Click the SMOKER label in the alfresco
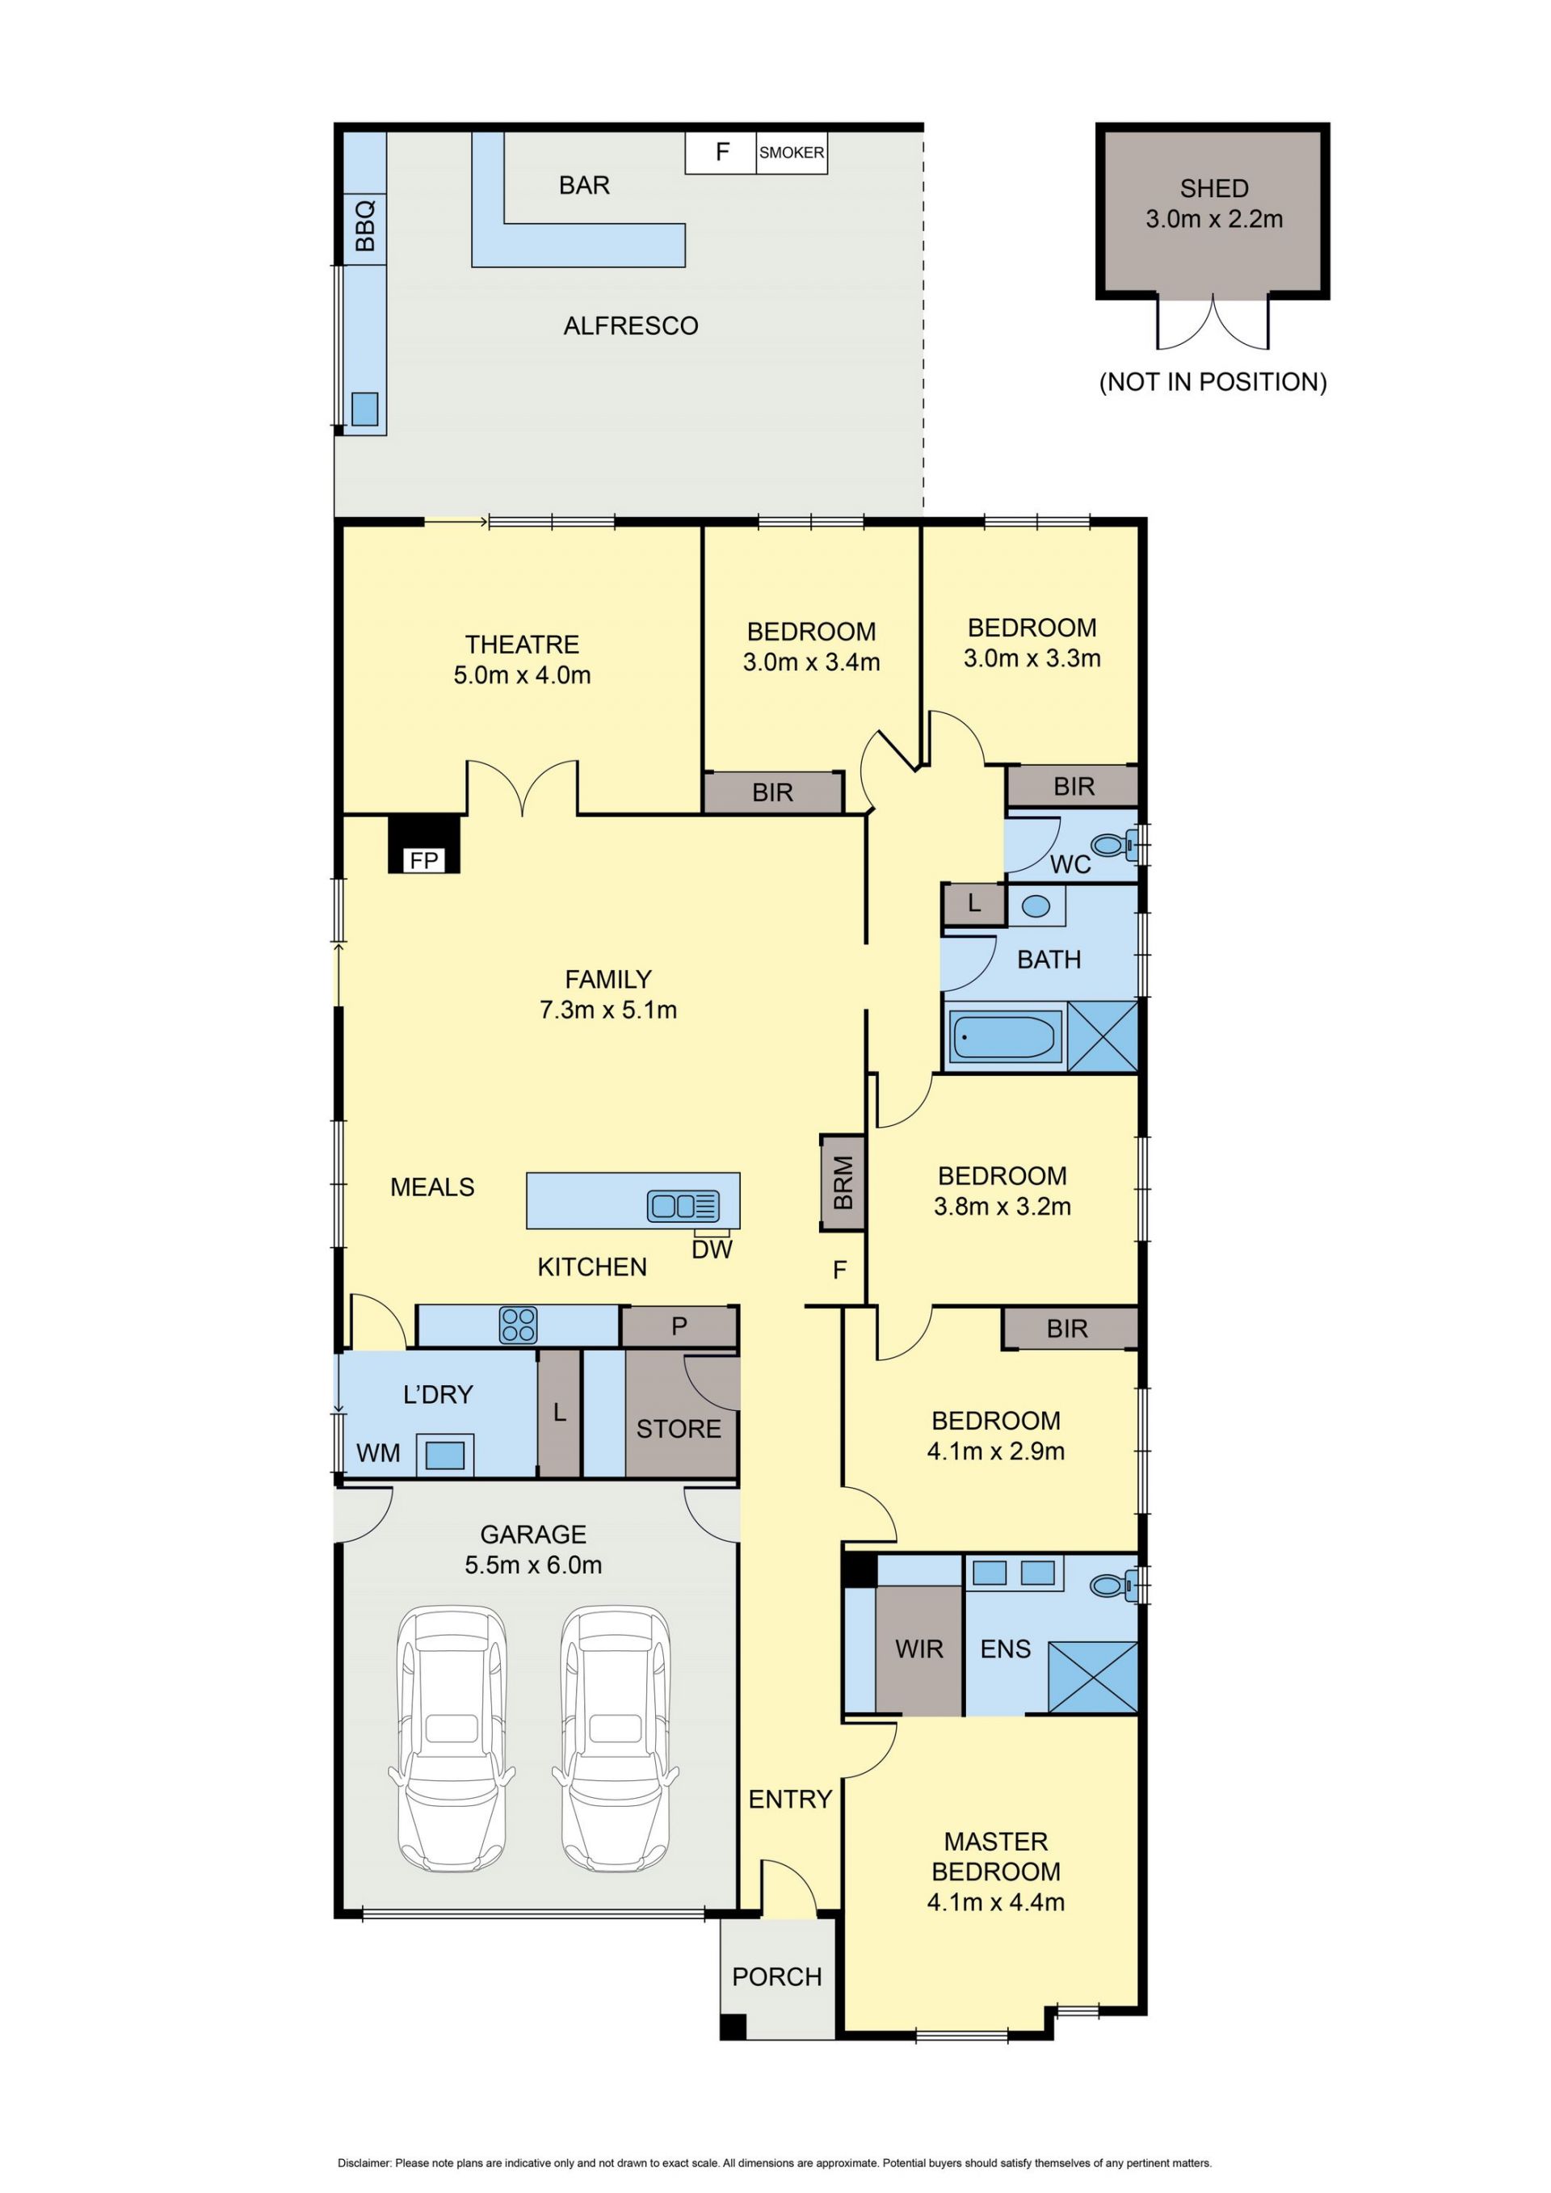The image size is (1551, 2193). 791,152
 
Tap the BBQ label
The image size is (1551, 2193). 365,225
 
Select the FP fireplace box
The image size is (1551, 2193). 424,844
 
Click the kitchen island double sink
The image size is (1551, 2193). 683,1205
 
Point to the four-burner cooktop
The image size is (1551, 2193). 519,1325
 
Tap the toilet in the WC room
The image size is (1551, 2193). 1114,844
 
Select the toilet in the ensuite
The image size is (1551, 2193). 1114,1586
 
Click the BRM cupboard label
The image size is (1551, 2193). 843,1183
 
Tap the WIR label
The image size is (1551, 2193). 918,1649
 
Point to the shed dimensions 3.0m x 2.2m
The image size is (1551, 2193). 1214,219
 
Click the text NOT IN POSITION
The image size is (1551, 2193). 1213,382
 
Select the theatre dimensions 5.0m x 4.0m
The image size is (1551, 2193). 522,675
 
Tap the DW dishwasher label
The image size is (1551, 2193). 712,1250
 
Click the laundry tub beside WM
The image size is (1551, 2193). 444,1455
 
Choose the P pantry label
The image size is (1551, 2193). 679,1325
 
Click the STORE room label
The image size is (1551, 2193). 679,1429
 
